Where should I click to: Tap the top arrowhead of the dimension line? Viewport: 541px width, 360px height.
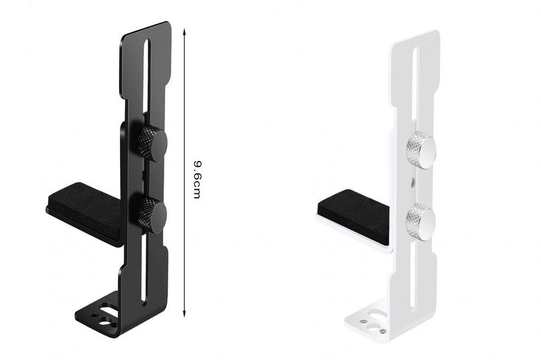point(184,31)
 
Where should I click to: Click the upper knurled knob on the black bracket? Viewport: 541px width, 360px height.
point(153,143)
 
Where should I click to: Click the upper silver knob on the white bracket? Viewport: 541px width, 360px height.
point(421,150)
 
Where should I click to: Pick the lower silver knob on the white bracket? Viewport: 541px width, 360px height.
point(421,222)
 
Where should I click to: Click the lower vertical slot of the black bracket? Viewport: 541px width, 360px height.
point(144,274)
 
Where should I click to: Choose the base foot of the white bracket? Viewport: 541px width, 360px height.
point(370,322)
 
